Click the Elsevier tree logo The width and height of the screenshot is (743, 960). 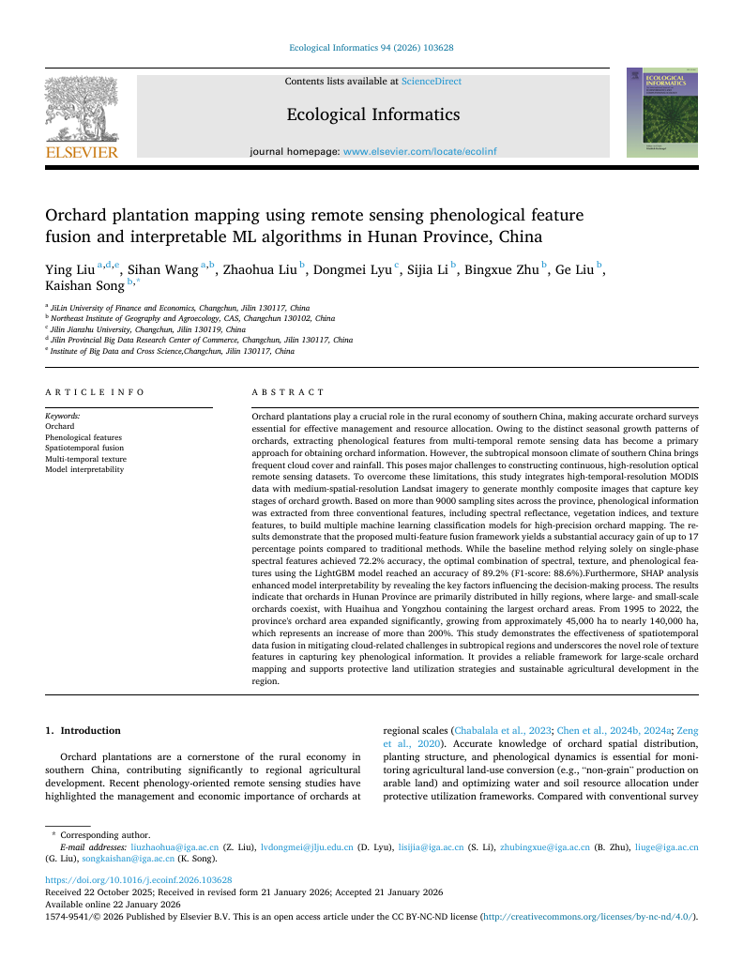click(82, 110)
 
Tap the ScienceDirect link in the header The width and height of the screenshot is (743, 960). click(432, 82)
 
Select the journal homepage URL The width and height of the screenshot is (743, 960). click(420, 151)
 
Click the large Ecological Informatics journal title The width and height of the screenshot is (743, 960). click(372, 114)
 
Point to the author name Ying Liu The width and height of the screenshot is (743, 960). click(70, 270)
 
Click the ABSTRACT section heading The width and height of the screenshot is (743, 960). click(288, 392)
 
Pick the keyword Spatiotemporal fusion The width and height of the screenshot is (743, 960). click(84, 449)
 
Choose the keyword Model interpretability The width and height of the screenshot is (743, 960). click(84, 470)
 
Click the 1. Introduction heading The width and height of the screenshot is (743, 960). click(83, 730)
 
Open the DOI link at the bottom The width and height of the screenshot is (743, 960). click(139, 880)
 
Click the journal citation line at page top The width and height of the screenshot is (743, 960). click(371, 47)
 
